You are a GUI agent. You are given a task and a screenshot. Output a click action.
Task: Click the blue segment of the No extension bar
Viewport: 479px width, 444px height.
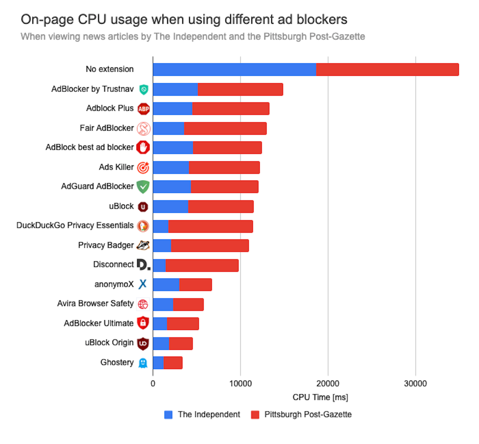[x=234, y=70]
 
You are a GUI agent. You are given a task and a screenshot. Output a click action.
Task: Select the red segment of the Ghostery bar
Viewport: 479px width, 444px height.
[x=173, y=363]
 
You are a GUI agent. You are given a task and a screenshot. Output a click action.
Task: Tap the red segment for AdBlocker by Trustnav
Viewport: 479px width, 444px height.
[x=240, y=89]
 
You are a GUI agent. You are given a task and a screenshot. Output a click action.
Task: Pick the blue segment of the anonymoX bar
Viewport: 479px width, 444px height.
[x=166, y=285]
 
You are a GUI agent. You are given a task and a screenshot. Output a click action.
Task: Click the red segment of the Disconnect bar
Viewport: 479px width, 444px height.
[x=202, y=266]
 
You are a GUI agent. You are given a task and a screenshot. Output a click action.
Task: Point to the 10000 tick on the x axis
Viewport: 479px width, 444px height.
[x=240, y=384]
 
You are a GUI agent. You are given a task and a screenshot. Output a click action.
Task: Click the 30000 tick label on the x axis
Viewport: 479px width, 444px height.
[x=415, y=384]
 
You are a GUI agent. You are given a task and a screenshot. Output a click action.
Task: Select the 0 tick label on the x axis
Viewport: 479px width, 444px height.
[x=153, y=384]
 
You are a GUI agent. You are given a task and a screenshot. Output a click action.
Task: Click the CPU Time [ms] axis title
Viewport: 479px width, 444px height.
[x=320, y=397]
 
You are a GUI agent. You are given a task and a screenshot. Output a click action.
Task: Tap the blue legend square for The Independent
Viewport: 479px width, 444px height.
[x=168, y=415]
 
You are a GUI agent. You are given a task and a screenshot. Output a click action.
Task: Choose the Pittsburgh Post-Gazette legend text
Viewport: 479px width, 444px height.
[x=308, y=415]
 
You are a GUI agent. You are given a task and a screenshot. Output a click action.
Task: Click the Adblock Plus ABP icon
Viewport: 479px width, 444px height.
[x=144, y=109]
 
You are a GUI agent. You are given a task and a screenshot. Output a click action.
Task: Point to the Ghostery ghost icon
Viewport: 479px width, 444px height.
[x=143, y=363]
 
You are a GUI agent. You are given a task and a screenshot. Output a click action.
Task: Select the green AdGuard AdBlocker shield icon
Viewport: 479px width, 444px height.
[x=143, y=187]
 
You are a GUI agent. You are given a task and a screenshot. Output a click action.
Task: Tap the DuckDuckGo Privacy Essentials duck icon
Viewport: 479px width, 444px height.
[x=143, y=226]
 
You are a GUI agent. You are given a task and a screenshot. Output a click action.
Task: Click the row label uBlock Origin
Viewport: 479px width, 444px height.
[x=109, y=343]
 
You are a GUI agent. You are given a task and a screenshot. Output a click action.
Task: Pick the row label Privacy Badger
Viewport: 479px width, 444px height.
[x=106, y=245]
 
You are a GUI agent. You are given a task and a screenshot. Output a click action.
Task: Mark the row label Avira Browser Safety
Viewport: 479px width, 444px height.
[x=95, y=304]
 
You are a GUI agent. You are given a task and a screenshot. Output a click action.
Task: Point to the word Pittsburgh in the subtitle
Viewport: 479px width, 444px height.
[x=285, y=36]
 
